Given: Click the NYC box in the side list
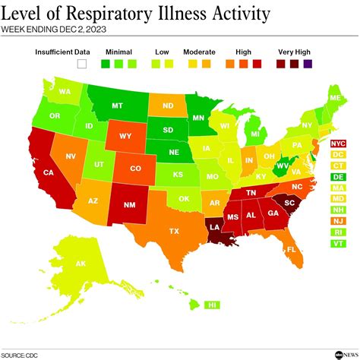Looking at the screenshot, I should click(x=338, y=143).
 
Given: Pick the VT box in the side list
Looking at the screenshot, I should click(x=338, y=243).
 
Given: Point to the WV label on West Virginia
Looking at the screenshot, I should click(x=282, y=166).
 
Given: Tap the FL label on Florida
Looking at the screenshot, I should click(x=291, y=249).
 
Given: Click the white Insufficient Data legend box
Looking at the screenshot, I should click(x=81, y=65).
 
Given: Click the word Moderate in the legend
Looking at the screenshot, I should click(x=199, y=52).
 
